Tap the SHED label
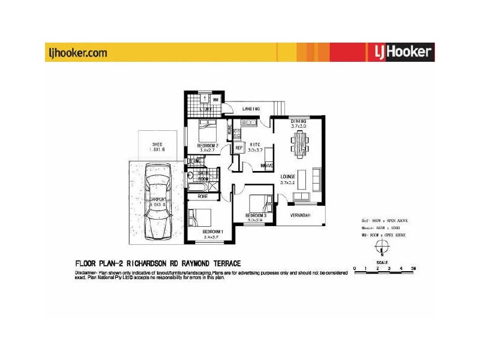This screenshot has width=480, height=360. click(157, 145)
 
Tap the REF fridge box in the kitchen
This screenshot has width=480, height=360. click(238, 148)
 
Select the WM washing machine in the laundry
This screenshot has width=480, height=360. click(215, 99)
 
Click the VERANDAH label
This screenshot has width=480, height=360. click(299, 216)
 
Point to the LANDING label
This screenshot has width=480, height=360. click(250, 109)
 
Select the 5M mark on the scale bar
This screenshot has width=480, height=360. click(412, 268)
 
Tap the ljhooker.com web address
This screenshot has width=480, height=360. click(77, 53)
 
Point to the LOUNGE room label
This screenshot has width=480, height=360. click(289, 176)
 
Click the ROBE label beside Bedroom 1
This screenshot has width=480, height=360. click(203, 196)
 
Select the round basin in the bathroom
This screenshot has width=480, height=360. click(191, 175)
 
